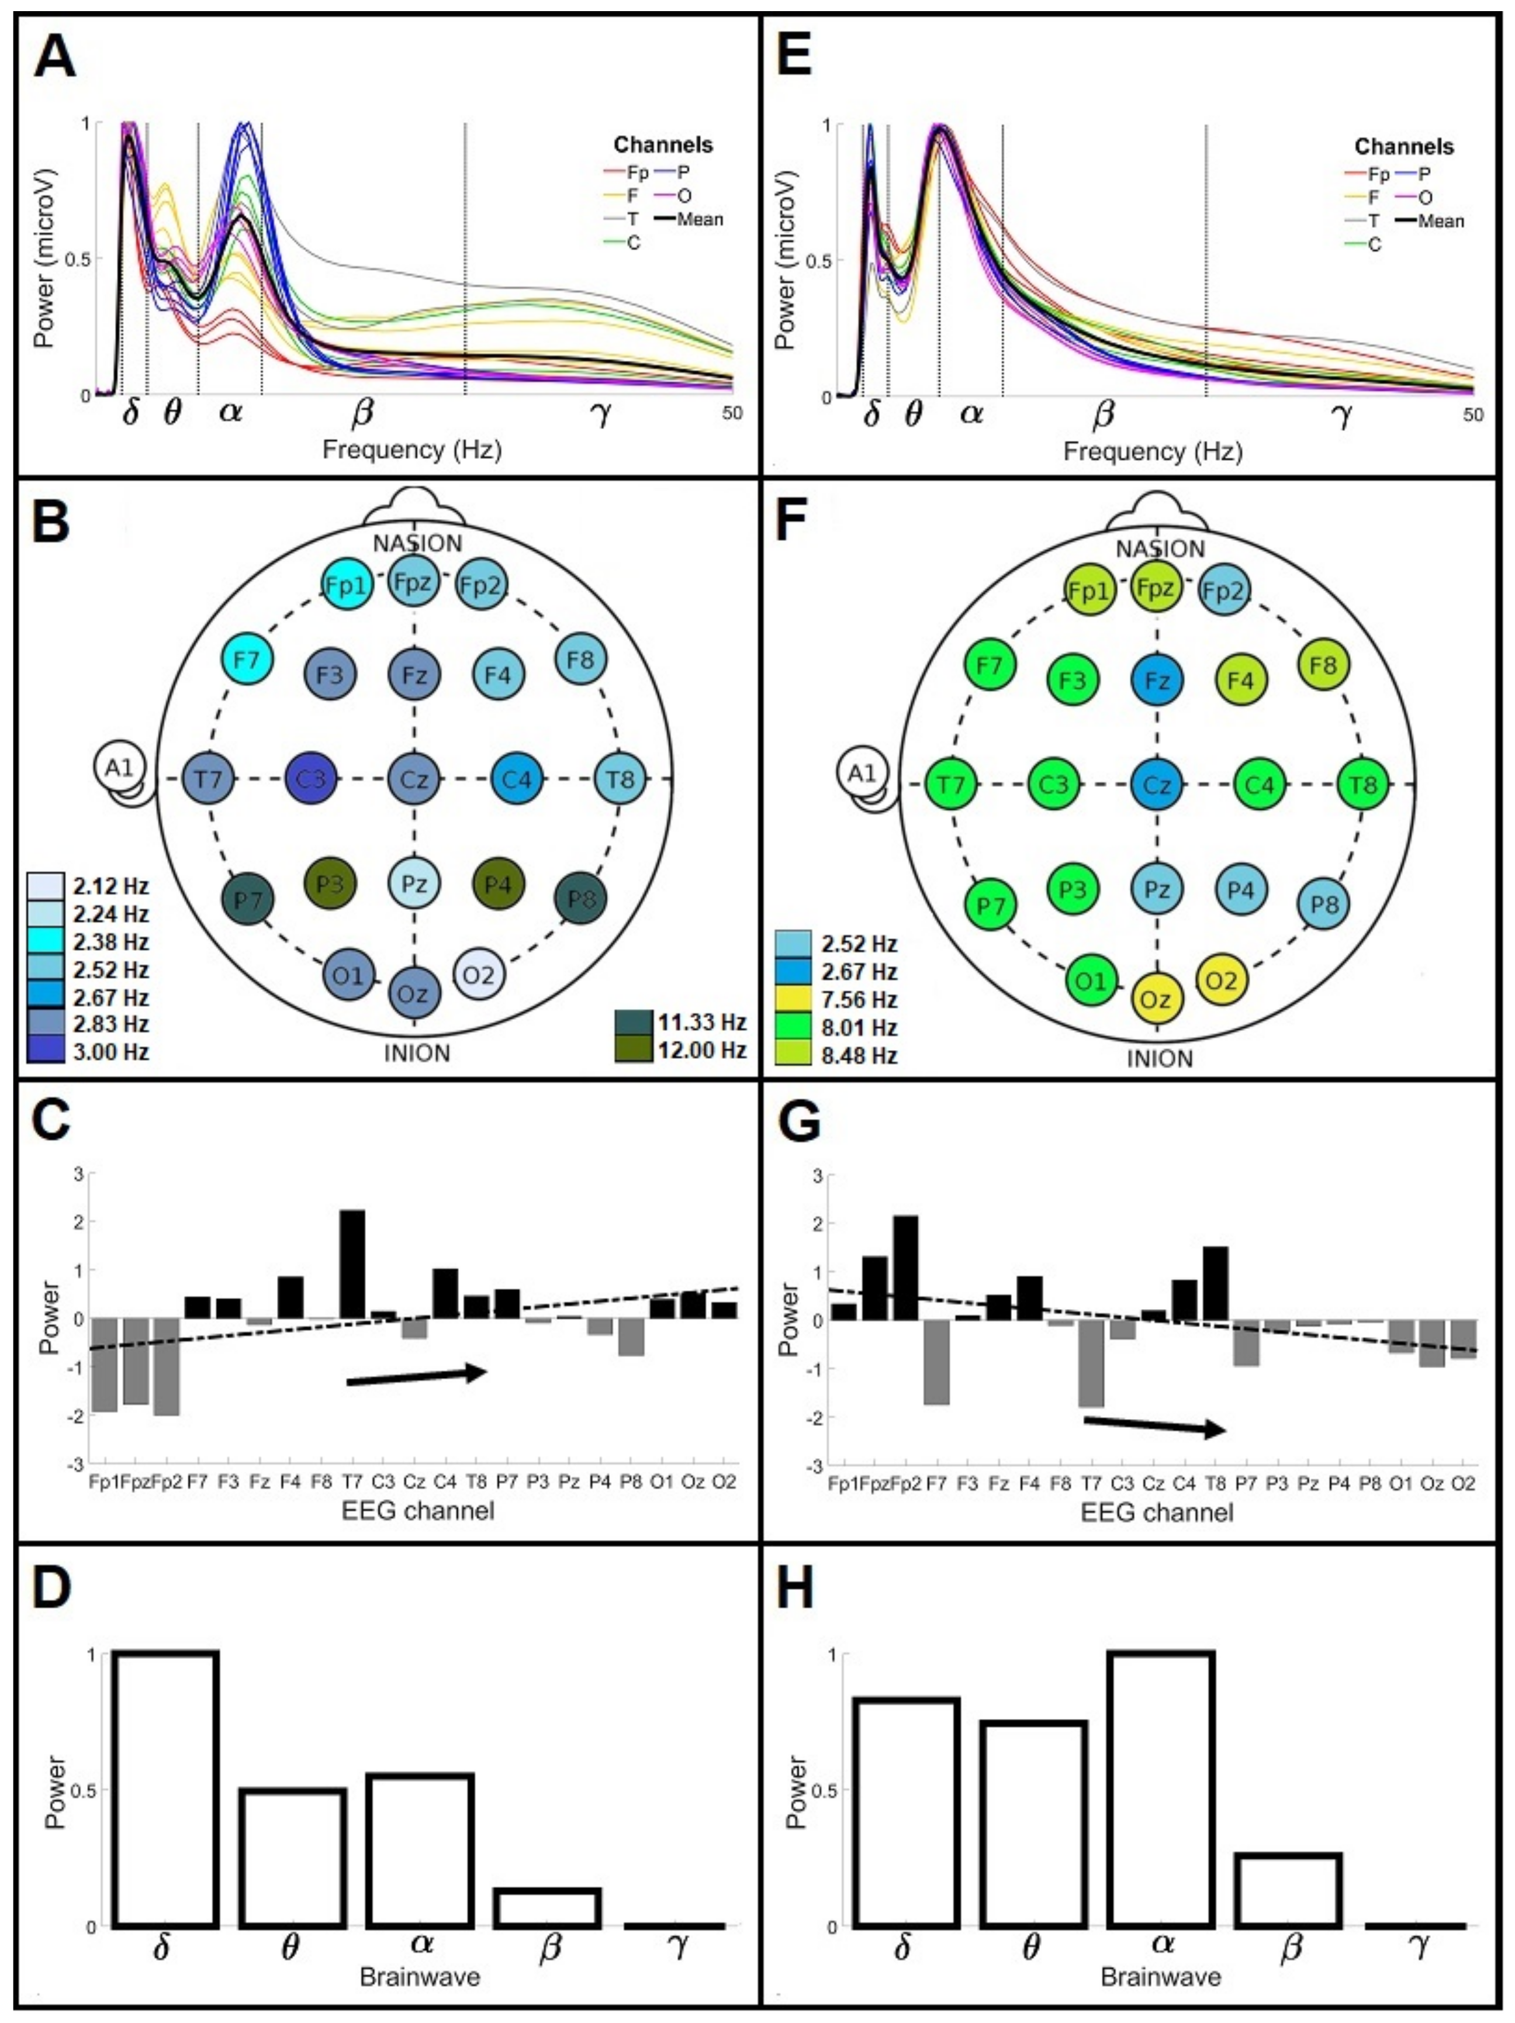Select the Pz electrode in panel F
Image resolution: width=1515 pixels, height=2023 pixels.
1157,888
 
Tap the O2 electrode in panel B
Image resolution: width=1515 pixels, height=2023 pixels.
478,975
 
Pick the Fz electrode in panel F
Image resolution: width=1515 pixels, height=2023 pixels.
1157,681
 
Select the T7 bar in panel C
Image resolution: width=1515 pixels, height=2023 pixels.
352,1264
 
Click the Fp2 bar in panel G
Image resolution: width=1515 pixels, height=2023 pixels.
905,1268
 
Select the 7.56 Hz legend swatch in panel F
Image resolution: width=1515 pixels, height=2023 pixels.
792,1000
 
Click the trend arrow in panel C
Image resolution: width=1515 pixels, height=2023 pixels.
416,1376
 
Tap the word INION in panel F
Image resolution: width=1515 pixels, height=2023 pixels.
1159,1059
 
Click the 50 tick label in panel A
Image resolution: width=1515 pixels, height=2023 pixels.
731,413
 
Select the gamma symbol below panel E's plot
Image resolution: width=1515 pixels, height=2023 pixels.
1341,416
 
